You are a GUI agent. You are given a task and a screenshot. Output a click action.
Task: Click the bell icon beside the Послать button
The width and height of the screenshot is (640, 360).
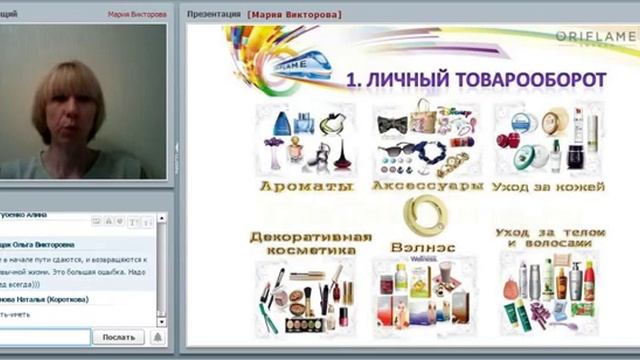point(157,338)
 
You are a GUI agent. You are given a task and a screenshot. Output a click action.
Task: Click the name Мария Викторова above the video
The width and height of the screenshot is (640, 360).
point(137,15)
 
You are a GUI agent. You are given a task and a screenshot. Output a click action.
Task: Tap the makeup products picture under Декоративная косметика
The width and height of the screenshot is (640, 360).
point(304,294)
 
